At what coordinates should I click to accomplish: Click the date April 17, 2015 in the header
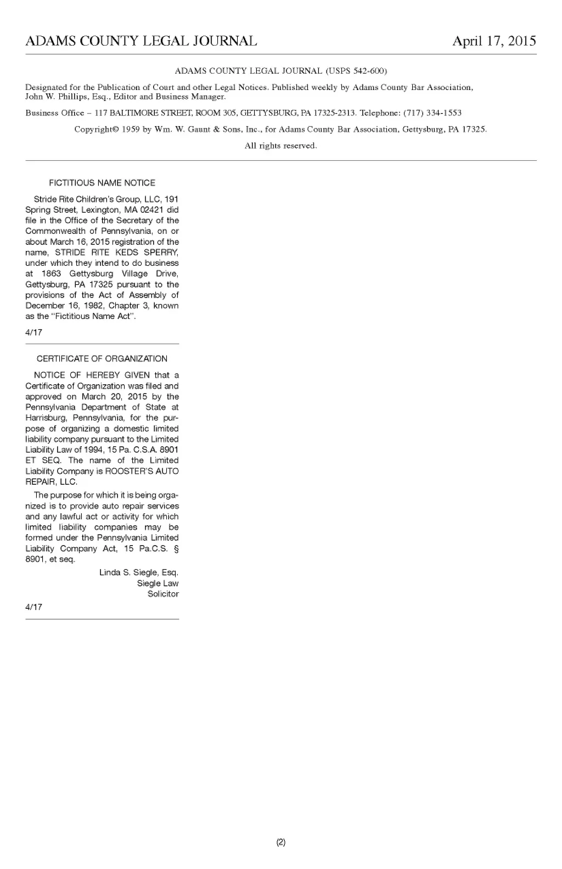point(494,41)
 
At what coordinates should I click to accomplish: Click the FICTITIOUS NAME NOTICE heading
point(102,183)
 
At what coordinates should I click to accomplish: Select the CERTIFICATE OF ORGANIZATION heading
point(102,358)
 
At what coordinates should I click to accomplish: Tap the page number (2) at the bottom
point(281,842)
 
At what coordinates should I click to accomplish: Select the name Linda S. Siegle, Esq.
point(139,573)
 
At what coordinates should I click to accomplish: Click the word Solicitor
point(163,594)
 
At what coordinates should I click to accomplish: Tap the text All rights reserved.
point(281,146)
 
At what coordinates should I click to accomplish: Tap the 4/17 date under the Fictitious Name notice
point(33,332)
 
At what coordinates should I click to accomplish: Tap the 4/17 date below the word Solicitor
point(33,607)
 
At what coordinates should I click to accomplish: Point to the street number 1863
point(52,274)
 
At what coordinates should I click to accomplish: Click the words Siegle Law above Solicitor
point(158,584)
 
